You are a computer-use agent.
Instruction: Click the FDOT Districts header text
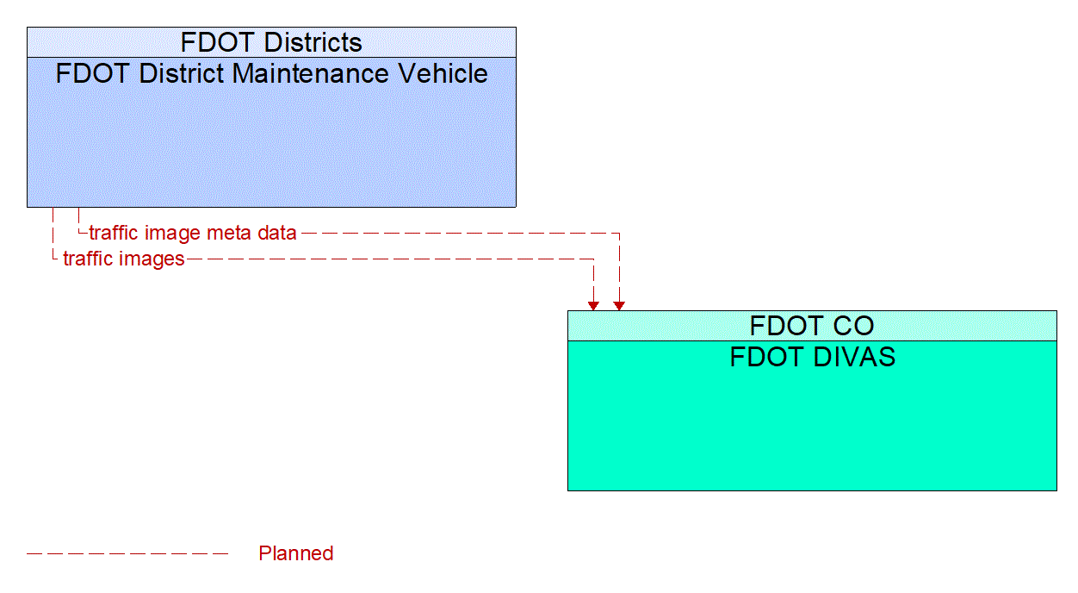271,42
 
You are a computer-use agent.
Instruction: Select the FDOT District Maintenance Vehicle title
271,74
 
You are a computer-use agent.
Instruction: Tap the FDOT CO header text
812,326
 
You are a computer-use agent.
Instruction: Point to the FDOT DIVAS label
812,357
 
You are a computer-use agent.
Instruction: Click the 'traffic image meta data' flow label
193,233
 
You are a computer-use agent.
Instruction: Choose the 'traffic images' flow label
124,259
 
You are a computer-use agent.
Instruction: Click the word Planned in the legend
295,553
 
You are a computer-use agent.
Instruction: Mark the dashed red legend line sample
127,553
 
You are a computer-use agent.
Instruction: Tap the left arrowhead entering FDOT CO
593,305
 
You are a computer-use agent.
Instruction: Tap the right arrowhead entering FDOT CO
619,305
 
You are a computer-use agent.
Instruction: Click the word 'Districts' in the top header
313,42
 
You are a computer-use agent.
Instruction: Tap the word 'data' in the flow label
276,233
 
